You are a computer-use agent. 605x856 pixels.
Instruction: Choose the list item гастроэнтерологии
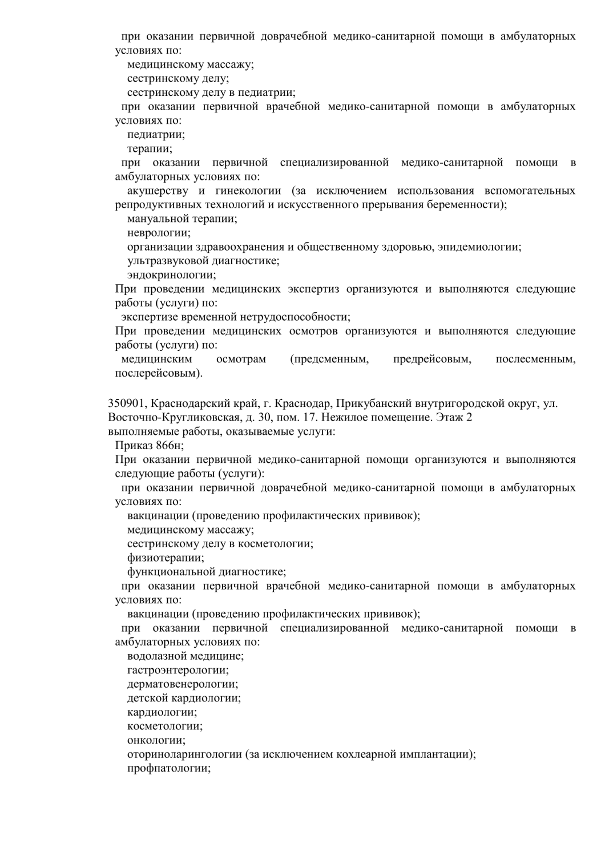click(178, 670)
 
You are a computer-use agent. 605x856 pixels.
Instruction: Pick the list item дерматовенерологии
click(182, 684)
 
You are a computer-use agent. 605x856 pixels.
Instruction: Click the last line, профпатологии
click(169, 768)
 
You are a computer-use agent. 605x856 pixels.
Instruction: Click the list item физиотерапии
click(166, 558)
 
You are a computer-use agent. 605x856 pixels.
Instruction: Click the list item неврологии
click(159, 233)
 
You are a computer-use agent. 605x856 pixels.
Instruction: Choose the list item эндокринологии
click(171, 275)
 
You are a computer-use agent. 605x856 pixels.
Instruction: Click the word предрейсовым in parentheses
click(432, 359)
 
